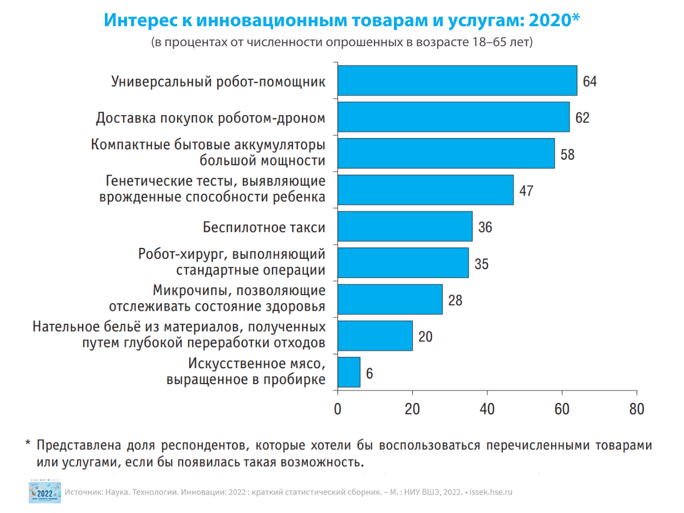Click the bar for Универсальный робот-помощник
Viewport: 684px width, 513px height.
(457, 80)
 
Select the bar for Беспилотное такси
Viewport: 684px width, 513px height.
(405, 226)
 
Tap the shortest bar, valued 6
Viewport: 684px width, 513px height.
(349, 372)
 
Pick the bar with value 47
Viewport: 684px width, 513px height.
(425, 190)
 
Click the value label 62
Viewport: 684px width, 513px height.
(582, 118)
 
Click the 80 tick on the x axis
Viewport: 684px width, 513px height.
(637, 410)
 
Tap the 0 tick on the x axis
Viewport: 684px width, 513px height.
(338, 410)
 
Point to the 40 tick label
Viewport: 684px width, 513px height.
(487, 410)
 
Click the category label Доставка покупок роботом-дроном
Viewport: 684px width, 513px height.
(210, 118)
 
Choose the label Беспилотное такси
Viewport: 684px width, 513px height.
(264, 227)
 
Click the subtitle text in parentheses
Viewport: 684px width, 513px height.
(342, 42)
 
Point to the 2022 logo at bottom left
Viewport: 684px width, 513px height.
(44, 491)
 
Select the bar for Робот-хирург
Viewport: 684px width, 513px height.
(403, 263)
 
